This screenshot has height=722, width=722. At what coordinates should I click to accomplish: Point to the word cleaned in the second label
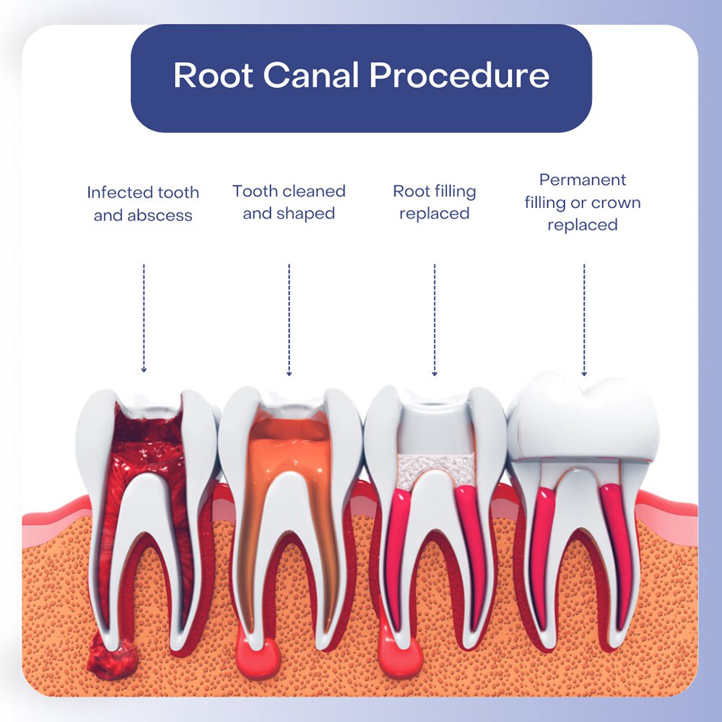313,191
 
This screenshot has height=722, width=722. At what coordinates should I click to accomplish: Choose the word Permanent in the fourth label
583,180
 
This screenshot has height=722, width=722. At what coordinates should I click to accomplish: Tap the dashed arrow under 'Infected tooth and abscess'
144,318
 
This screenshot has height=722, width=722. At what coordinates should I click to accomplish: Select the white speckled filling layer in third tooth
435,470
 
